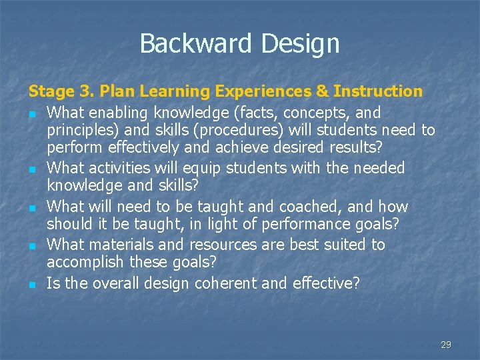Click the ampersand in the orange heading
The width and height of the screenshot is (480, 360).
pos(324,91)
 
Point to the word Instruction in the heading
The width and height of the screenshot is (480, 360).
pos(378,91)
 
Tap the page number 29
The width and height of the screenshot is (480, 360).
pos(446,345)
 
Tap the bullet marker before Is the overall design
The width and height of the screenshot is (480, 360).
pos(31,285)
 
